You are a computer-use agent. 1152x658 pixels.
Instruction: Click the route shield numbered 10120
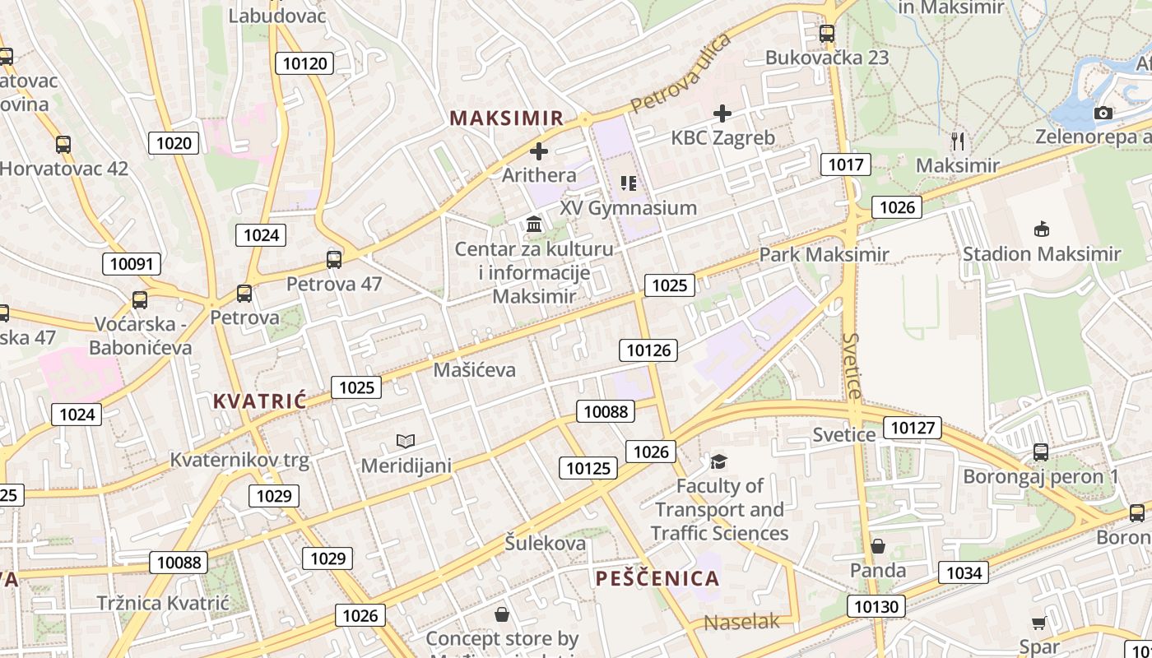click(304, 63)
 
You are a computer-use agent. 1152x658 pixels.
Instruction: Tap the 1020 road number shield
click(174, 143)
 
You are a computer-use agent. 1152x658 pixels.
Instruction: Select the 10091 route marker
click(132, 264)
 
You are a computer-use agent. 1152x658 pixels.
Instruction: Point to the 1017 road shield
click(846, 164)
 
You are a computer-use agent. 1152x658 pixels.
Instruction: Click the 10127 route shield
click(913, 427)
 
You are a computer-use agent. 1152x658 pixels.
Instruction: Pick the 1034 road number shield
click(964, 572)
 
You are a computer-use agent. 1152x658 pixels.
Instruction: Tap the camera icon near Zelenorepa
click(1103, 113)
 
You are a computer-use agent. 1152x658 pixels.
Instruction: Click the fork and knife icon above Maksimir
click(957, 141)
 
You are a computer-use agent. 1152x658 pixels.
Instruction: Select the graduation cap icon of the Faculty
click(719, 461)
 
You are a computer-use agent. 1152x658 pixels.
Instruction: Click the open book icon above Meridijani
click(406, 441)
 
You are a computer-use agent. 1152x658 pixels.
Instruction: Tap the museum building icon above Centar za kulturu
click(534, 224)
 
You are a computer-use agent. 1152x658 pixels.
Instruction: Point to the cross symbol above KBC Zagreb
click(722, 114)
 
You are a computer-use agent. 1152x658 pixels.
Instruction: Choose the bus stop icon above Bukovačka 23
click(827, 34)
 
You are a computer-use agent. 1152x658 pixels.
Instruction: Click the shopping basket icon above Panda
click(878, 546)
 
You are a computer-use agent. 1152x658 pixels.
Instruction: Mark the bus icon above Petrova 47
click(334, 260)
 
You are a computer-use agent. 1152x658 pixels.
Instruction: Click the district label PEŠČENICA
click(657, 578)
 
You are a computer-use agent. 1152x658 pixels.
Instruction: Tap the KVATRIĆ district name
click(259, 401)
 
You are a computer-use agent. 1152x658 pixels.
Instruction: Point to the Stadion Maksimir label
click(1041, 254)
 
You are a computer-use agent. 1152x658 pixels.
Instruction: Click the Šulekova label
click(546, 543)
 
